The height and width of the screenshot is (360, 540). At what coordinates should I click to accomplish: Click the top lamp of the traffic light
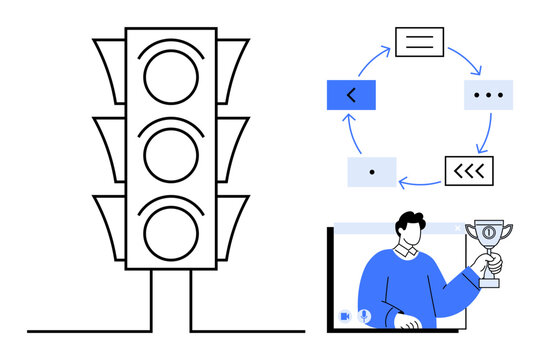(x=171, y=75)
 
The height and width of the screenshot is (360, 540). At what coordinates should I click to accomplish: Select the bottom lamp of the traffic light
(x=171, y=227)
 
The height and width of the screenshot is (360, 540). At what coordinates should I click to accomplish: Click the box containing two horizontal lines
(x=419, y=42)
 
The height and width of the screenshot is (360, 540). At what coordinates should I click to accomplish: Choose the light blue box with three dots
(x=489, y=95)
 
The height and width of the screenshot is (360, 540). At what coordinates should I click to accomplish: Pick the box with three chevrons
(x=468, y=171)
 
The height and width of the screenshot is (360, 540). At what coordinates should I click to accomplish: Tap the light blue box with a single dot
(x=371, y=172)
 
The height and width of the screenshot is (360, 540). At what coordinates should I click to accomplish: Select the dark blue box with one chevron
(x=350, y=95)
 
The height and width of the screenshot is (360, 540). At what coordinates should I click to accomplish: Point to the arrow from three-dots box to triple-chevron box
(x=489, y=132)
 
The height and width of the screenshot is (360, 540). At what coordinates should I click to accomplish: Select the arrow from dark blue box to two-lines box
(x=372, y=58)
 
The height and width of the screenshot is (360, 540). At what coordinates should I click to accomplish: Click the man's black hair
(x=411, y=221)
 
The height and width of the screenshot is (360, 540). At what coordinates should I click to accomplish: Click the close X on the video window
(x=458, y=229)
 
